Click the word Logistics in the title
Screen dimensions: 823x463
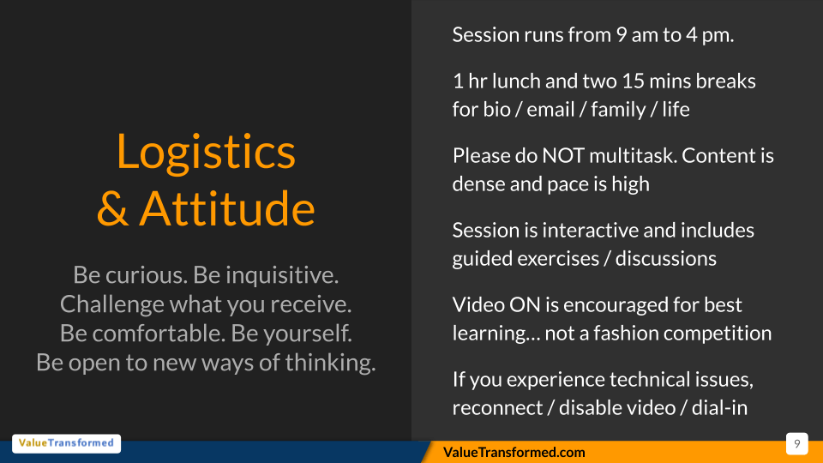coord(206,153)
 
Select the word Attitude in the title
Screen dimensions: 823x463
coord(226,209)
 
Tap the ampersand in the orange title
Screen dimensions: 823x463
coord(113,209)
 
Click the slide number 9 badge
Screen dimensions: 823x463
coord(796,444)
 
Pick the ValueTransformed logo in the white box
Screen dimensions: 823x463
coord(67,443)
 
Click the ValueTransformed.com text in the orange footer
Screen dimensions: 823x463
coord(514,452)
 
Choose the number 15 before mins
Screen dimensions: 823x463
coord(633,81)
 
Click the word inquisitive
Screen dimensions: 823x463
coord(282,275)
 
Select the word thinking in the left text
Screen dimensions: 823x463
coord(331,363)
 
